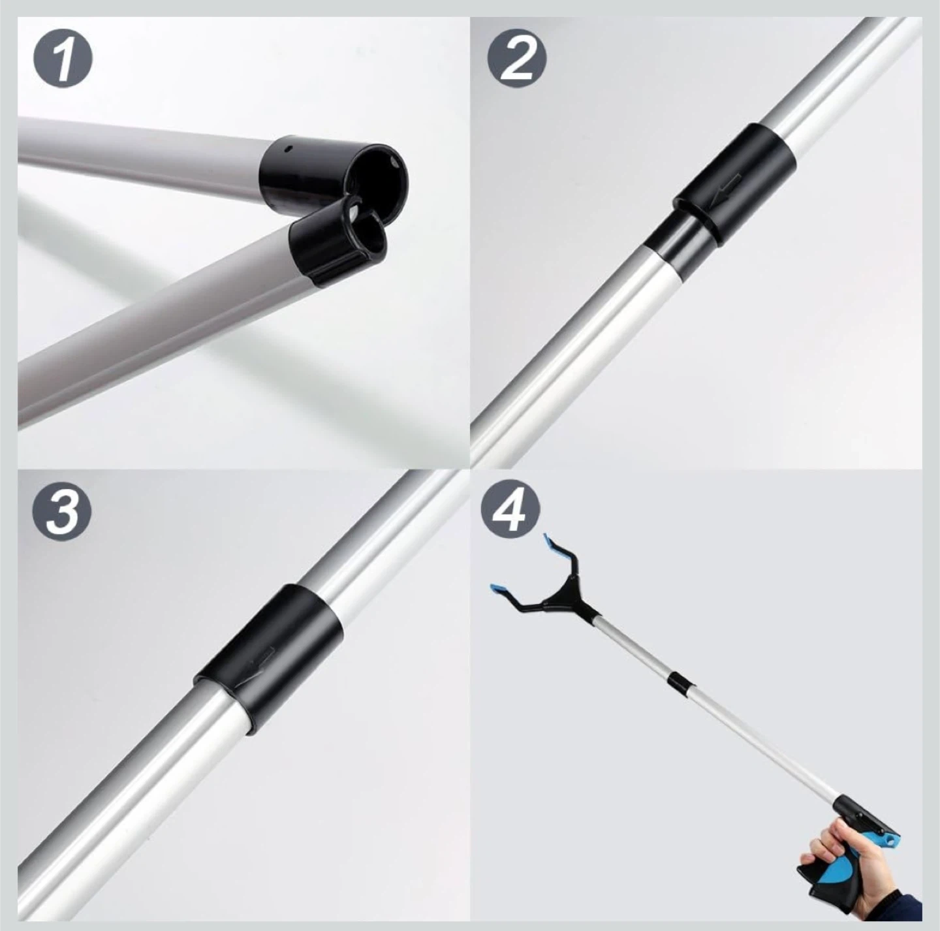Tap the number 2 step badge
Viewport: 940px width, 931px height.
click(x=516, y=60)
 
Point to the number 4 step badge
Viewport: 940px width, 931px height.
click(x=510, y=512)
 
